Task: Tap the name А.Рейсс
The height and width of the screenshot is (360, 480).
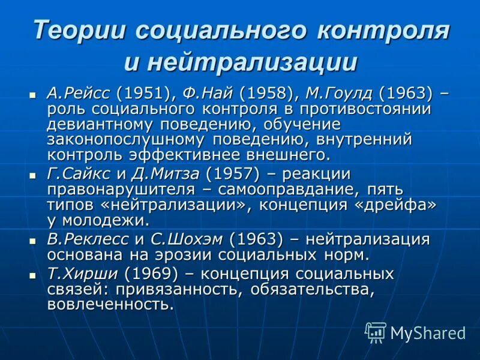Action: click(79, 94)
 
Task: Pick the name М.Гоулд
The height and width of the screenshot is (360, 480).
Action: click(338, 94)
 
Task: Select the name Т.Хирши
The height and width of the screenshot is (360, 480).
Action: click(83, 274)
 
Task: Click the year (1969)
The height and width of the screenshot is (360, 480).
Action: click(151, 274)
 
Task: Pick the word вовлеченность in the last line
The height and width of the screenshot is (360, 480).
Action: click(110, 304)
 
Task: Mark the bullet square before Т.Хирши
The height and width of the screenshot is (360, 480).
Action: click(33, 275)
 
